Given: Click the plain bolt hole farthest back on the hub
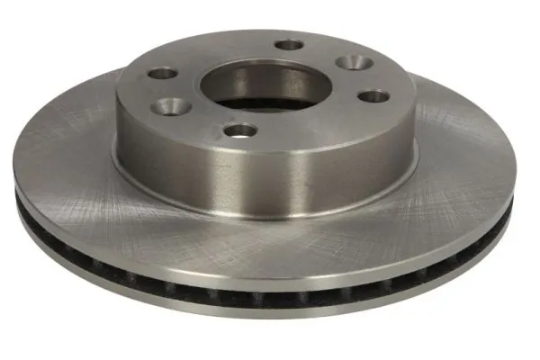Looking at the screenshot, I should [289, 44].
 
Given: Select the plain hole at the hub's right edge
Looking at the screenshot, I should [372, 94].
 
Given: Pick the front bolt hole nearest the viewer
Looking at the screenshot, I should [239, 130].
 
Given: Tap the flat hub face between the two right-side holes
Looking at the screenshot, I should [382, 77].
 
